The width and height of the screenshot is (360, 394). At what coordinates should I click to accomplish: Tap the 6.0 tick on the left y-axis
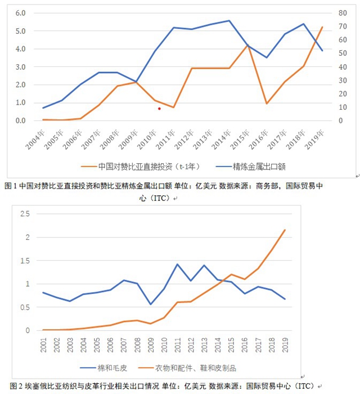21,13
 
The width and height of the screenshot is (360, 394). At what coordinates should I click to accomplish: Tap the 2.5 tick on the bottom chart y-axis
24,214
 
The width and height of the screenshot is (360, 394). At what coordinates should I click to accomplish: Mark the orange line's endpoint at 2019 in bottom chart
285,230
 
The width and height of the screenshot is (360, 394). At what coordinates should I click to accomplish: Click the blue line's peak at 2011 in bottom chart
178,264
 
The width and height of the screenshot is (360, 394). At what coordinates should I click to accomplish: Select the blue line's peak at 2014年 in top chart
229,21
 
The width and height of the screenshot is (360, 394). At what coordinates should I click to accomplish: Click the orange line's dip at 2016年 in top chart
267,104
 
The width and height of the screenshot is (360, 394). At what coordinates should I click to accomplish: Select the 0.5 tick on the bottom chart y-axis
24,307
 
